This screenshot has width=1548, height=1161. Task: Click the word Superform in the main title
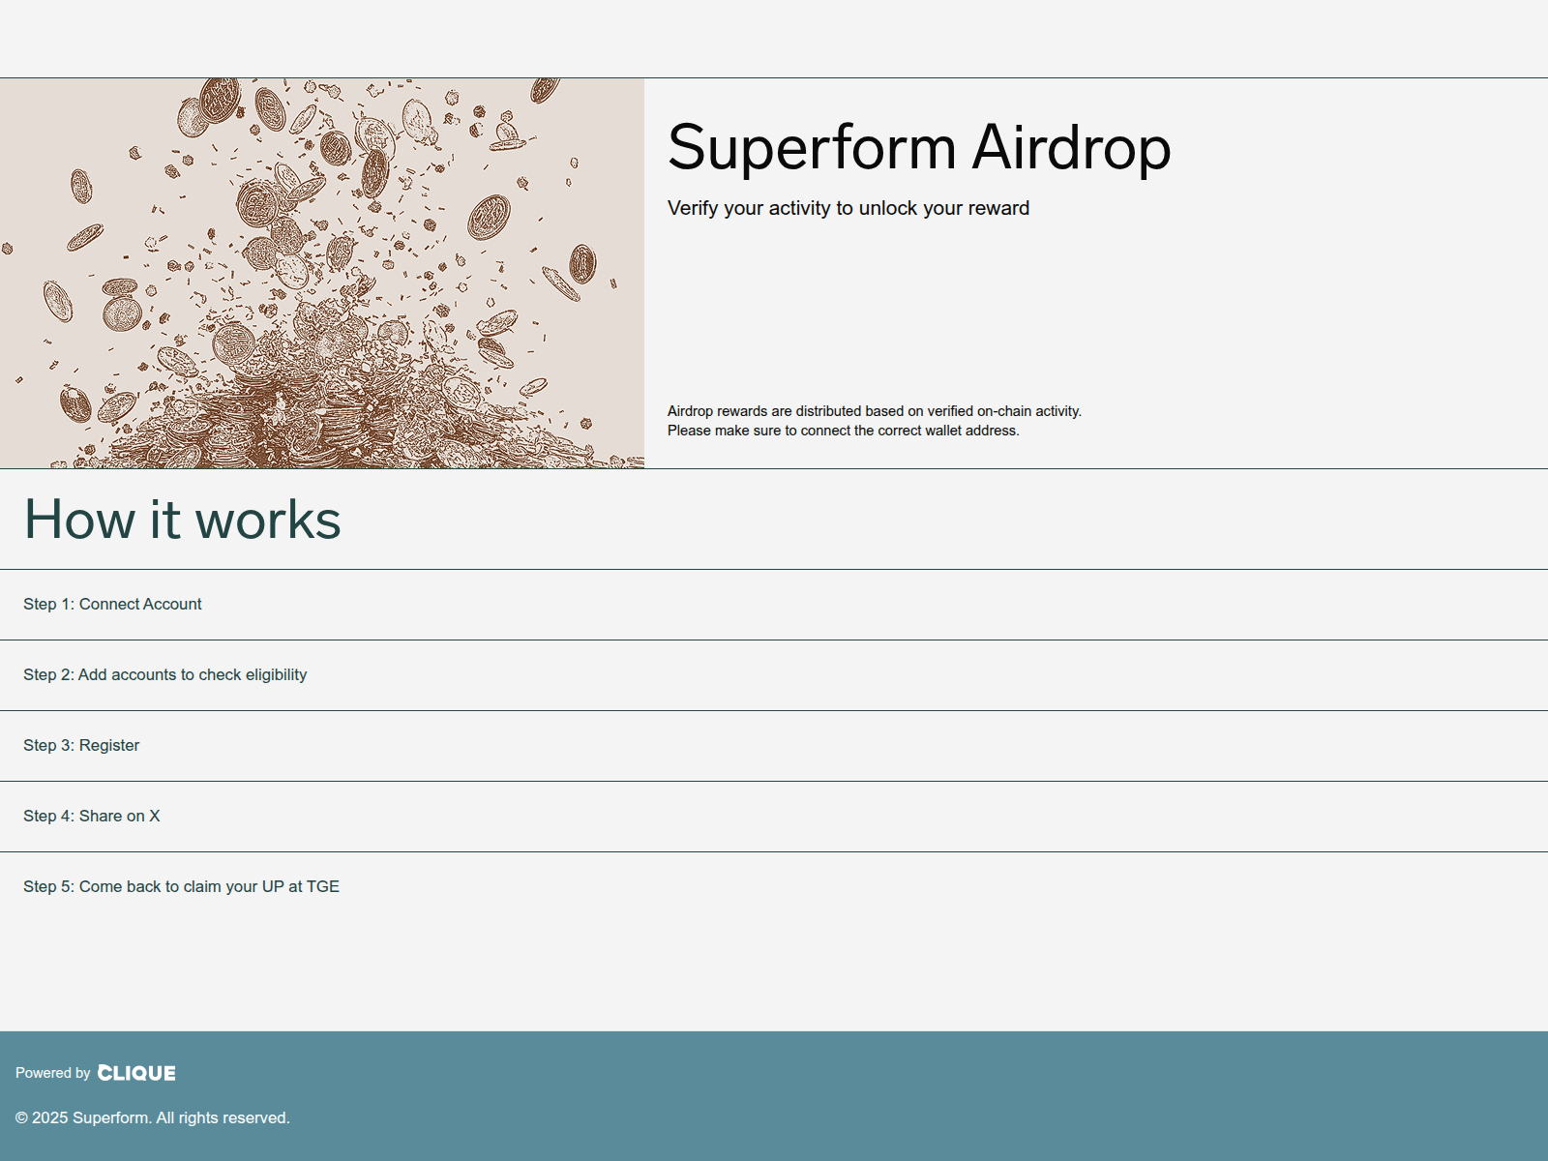coord(812,148)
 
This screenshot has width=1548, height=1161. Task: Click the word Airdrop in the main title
coord(1071,148)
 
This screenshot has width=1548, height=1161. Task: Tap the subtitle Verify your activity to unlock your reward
coord(848,208)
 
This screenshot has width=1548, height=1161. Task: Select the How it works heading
coord(182,520)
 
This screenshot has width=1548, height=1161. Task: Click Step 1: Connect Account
coord(112,604)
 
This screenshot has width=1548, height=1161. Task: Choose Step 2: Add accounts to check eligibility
coord(164,674)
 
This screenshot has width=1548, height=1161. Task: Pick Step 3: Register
coord(81,745)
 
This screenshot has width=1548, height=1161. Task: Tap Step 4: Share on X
coord(91,816)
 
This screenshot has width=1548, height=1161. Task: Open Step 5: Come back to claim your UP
coord(181,886)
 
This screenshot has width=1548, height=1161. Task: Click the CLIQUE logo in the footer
coord(136,1073)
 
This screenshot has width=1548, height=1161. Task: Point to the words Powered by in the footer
coord(52,1073)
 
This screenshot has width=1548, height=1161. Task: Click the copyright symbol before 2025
coord(21,1118)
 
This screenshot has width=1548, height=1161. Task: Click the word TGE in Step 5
coord(323,886)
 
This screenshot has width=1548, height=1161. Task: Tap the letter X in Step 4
coord(154,816)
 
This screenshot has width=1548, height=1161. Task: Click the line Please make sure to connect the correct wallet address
coord(843,431)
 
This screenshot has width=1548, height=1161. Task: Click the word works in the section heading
coord(268,520)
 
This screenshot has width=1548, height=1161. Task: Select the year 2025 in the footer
coord(50,1117)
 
